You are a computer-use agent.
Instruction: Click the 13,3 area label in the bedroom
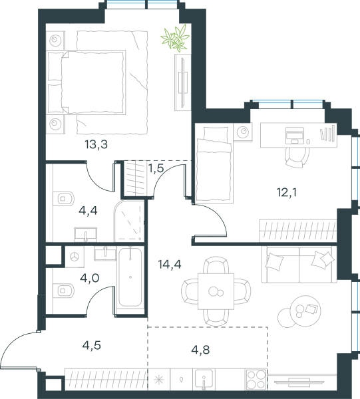(x=96, y=145)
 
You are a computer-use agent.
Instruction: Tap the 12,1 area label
(x=287, y=192)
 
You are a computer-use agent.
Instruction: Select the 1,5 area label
(x=156, y=168)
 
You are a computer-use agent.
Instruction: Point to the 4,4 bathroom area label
(x=88, y=211)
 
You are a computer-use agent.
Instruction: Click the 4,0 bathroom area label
(x=90, y=278)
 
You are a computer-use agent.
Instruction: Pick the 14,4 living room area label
(x=170, y=265)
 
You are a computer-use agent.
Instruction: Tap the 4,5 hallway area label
(x=92, y=345)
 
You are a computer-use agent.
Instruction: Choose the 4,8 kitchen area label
(x=200, y=350)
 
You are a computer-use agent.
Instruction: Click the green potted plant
(x=176, y=38)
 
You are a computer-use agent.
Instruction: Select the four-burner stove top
(x=256, y=379)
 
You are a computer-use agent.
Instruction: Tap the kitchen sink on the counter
(x=204, y=380)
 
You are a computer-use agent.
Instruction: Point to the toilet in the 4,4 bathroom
(x=63, y=198)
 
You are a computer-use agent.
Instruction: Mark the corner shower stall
(x=129, y=221)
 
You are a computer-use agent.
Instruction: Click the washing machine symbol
(x=75, y=257)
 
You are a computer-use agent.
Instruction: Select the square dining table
(x=216, y=291)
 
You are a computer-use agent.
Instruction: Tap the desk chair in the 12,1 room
(x=297, y=157)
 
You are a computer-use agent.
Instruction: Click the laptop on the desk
(x=295, y=136)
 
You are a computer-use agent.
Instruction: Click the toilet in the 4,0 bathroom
(x=63, y=291)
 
